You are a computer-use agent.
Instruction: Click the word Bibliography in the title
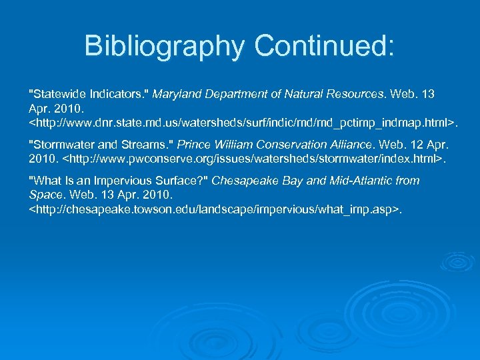click(x=163, y=46)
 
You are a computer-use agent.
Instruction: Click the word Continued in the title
click(x=324, y=46)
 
